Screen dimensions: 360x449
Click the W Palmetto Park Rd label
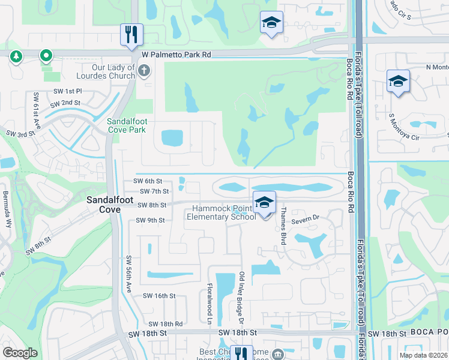pyautogui.click(x=176, y=54)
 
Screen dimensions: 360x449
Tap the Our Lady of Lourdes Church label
pyautogui.click(x=105, y=72)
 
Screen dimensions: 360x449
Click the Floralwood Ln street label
pyautogui.click(x=210, y=304)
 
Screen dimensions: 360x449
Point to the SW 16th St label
pyautogui.click(x=159, y=296)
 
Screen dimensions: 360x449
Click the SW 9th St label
pyautogui.click(x=150, y=220)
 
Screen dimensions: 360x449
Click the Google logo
pyautogui.click(x=20, y=353)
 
